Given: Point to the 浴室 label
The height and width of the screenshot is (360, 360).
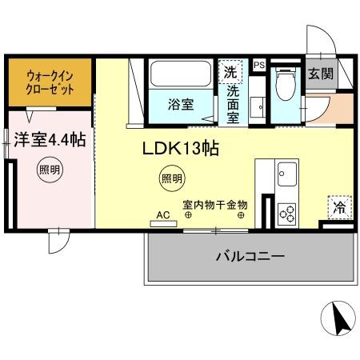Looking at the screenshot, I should click(x=178, y=103).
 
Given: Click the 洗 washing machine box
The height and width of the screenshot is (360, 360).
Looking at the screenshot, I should click(x=231, y=70).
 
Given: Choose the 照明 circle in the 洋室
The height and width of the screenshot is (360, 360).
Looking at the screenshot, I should click(x=48, y=169).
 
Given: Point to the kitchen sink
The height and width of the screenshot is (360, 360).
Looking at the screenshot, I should click(x=286, y=173).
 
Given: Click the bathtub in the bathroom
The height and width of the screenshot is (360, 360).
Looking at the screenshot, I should click(x=178, y=76).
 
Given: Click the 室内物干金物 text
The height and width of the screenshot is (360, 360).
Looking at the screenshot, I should click(x=214, y=205).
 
